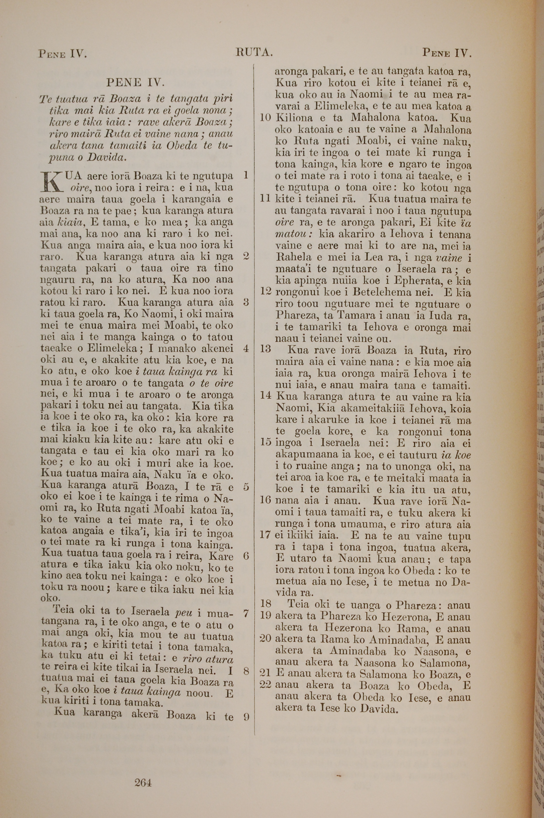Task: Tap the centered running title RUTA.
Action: tap(254, 52)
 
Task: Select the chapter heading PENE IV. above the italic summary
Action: tap(135, 82)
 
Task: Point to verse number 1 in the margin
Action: tap(246, 175)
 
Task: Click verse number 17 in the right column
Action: tap(265, 534)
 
